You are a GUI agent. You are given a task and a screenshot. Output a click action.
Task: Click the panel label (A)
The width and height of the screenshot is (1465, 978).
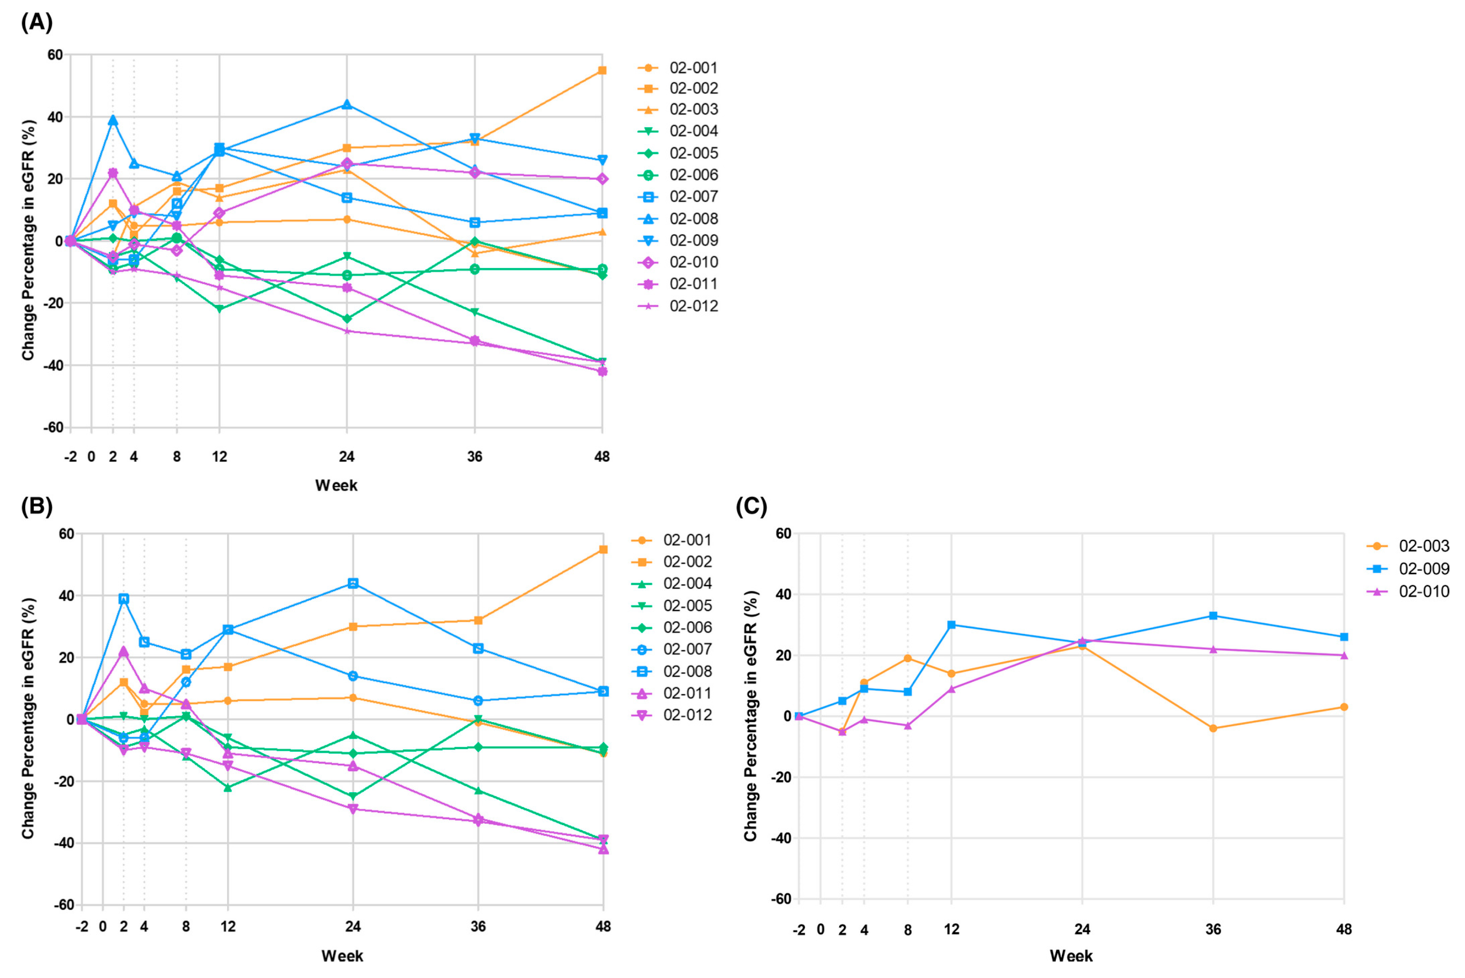pyautogui.click(x=36, y=23)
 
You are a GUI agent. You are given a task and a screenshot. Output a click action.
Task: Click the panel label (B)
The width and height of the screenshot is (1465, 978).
pyautogui.click(x=36, y=506)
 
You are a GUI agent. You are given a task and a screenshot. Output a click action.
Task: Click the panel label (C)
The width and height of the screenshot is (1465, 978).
pyautogui.click(x=751, y=506)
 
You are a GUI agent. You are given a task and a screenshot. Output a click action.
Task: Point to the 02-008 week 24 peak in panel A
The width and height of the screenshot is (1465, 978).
pyautogui.click(x=347, y=104)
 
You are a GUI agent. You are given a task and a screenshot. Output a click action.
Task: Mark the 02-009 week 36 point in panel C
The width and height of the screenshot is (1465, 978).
pyautogui.click(x=1213, y=616)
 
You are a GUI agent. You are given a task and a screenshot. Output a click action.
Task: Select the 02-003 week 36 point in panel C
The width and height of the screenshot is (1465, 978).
pyautogui.click(x=1213, y=728)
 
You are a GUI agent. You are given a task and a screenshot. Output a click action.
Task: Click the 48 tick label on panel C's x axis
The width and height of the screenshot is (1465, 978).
pyautogui.click(x=1344, y=929)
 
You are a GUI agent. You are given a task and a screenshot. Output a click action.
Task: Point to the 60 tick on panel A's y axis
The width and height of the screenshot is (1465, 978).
pyautogui.click(x=55, y=55)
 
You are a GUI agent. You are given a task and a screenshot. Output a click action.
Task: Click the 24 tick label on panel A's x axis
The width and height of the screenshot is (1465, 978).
pyautogui.click(x=347, y=456)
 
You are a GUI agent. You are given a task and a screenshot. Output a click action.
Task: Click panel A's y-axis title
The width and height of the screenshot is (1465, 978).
pyautogui.click(x=28, y=240)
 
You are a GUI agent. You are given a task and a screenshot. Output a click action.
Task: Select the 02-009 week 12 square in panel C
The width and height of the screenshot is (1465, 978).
pyautogui.click(x=951, y=624)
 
